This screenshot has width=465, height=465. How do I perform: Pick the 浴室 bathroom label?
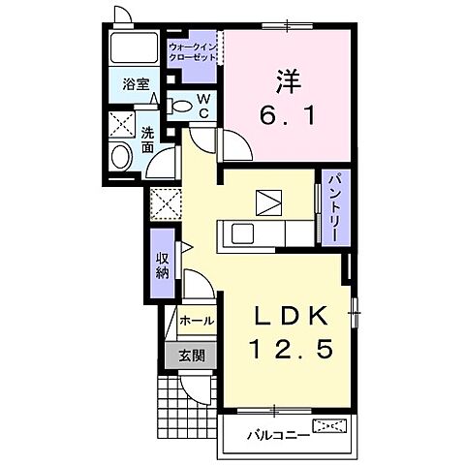click(136, 85)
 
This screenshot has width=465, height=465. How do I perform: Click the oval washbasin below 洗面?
click(121, 157)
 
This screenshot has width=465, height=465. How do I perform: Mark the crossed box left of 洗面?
click(122, 125)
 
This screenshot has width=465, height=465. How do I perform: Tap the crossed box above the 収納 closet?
click(162, 202)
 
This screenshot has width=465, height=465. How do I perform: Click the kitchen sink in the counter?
click(240, 232)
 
